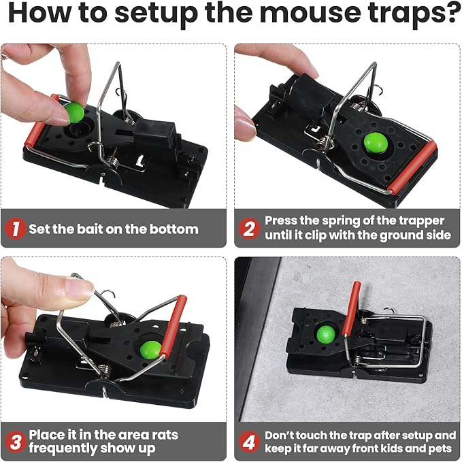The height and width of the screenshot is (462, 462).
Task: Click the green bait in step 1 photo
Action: tap(73, 112)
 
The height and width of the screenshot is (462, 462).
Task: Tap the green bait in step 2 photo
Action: tap(374, 142)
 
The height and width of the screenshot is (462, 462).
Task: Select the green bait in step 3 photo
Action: tap(150, 349)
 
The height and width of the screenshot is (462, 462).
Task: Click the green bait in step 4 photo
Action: tap(327, 334)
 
